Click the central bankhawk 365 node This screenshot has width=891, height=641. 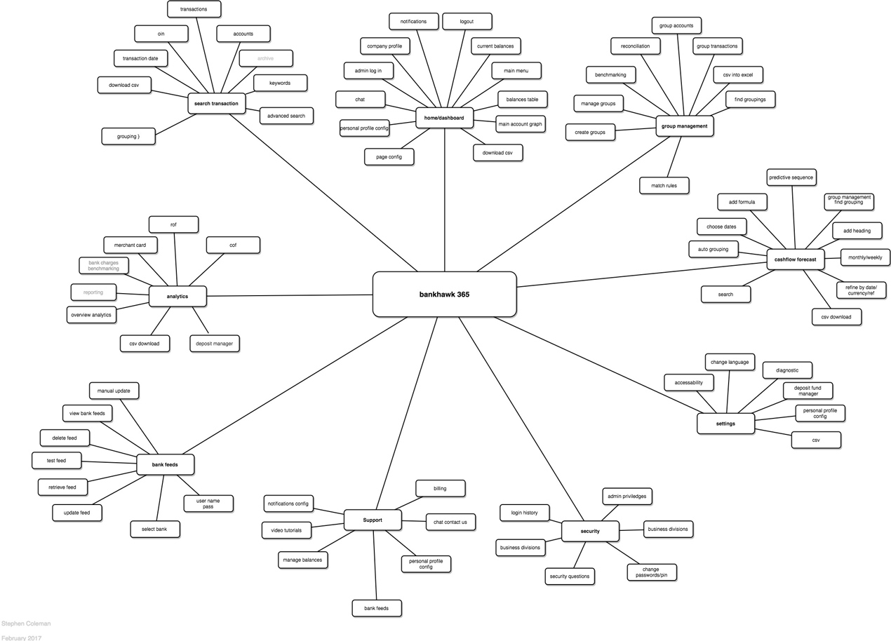[444, 294]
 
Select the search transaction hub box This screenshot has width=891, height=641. [216, 104]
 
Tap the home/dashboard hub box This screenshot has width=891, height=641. [443, 118]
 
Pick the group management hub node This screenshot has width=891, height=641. [685, 126]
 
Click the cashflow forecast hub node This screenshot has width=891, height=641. [795, 259]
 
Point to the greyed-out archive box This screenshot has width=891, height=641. [265, 58]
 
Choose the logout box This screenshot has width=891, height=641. [467, 22]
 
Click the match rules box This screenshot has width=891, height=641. [664, 186]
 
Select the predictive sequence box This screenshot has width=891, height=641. [791, 177]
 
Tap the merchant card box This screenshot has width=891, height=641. [130, 245]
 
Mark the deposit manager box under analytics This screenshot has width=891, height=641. [215, 344]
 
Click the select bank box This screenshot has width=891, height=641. [155, 529]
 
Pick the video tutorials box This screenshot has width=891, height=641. [286, 530]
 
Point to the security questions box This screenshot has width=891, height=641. [570, 576]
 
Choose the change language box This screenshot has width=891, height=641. [730, 363]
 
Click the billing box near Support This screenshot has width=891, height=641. [440, 488]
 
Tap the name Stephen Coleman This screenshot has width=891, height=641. [26, 623]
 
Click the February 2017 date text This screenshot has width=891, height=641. [22, 637]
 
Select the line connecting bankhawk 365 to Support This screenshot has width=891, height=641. [407, 414]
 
